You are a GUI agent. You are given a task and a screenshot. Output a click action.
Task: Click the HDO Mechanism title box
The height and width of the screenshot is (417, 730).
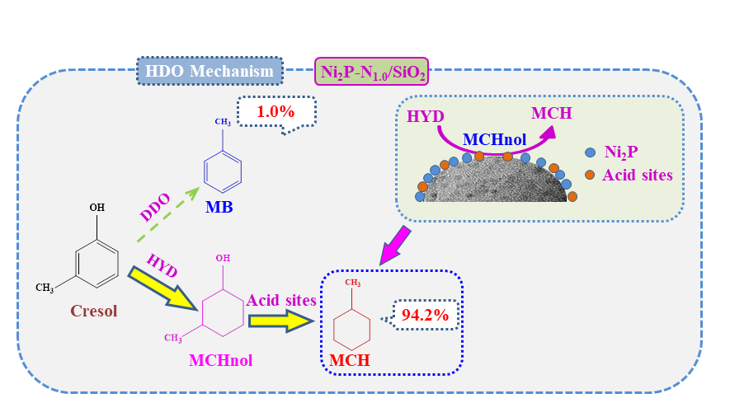tap(210, 71)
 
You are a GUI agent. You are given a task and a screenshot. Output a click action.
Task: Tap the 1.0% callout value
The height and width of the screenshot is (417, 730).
tap(275, 111)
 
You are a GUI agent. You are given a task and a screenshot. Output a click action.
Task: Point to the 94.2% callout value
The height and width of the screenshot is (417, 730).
tap(425, 314)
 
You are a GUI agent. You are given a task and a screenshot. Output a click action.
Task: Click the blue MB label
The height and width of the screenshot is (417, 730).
tap(219, 206)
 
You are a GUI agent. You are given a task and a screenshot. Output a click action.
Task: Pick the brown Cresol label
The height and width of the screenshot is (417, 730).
tap(93, 311)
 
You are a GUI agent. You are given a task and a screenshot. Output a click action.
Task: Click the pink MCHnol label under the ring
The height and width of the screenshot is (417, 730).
tap(220, 360)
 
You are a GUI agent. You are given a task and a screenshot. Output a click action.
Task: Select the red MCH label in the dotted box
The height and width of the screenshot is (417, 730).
tap(350, 360)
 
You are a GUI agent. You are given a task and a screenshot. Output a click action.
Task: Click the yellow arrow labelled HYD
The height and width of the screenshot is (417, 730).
tap(165, 288)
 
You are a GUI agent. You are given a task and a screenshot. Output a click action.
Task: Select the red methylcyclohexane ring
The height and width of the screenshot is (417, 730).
tap(351, 327)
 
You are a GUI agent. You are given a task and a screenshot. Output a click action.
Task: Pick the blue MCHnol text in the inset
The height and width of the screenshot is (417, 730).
tap(492, 140)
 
